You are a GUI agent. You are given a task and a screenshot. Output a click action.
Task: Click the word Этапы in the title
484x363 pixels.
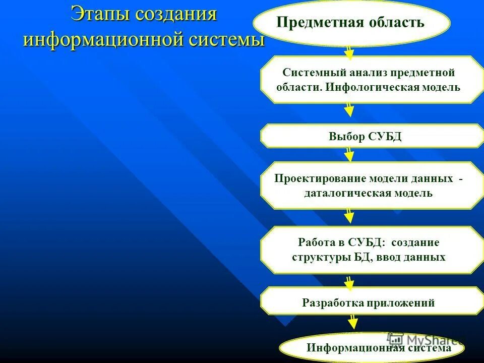(99, 14)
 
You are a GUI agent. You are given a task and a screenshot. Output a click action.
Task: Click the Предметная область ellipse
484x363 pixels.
(351, 23)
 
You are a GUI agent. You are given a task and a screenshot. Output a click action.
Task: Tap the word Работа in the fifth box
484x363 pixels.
(315, 242)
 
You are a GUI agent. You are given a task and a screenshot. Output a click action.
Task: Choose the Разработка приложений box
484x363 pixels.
(368, 303)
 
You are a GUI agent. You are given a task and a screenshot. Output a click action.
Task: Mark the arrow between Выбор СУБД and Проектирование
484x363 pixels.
(348, 154)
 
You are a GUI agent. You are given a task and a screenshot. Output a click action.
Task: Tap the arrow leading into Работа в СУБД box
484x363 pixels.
(348, 216)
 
